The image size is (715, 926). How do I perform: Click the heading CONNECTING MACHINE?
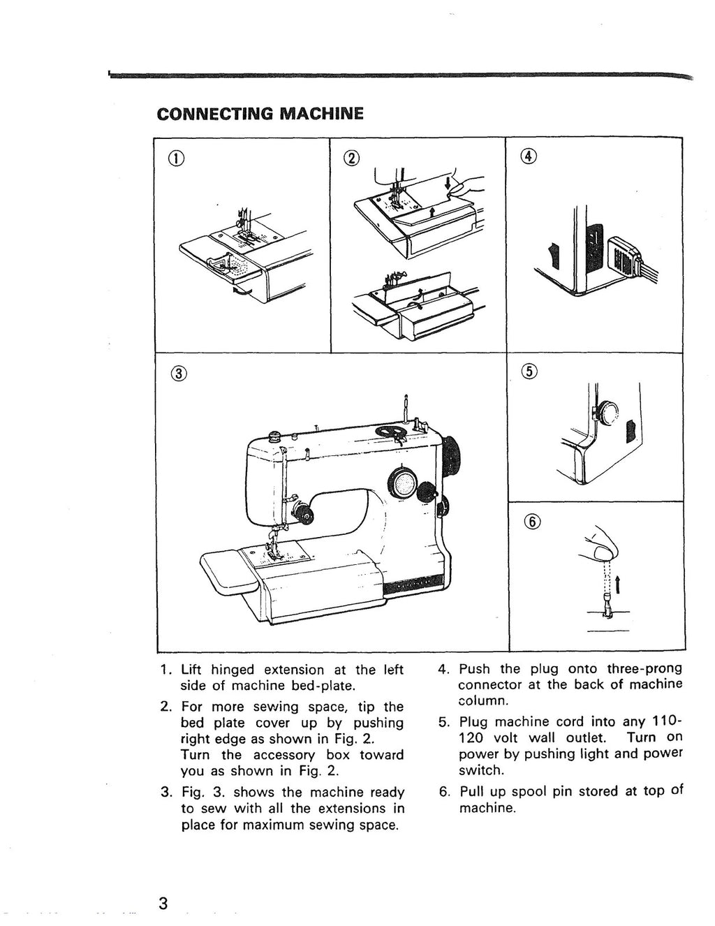click(x=260, y=113)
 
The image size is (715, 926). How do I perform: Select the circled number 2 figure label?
click(x=350, y=158)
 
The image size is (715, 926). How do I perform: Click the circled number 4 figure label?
click(x=528, y=157)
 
